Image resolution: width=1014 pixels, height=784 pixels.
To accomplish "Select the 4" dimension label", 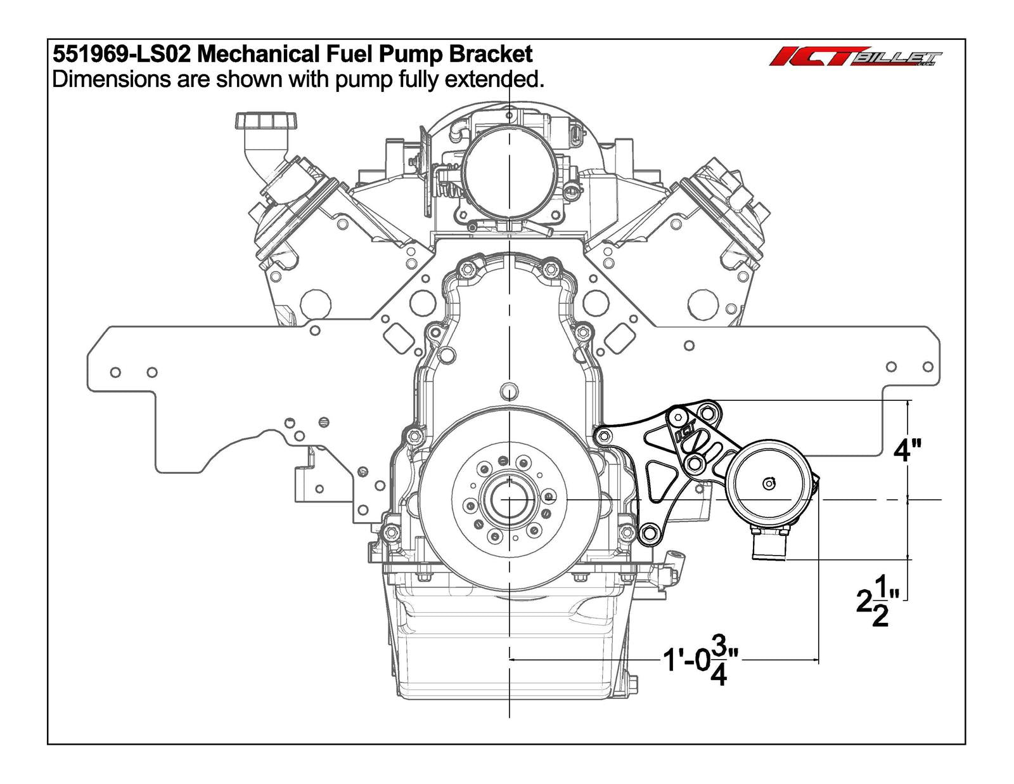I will pos(907,450).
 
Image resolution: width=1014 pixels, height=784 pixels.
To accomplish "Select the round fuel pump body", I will pos(769,484).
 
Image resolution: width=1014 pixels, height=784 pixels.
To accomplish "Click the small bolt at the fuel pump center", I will pos(769,484).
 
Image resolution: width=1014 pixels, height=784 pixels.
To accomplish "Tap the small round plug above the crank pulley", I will pos(508,389).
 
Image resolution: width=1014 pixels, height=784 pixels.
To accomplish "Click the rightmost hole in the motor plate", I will pos(928,367).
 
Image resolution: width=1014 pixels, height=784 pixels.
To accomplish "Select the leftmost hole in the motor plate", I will pos(115,372).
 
